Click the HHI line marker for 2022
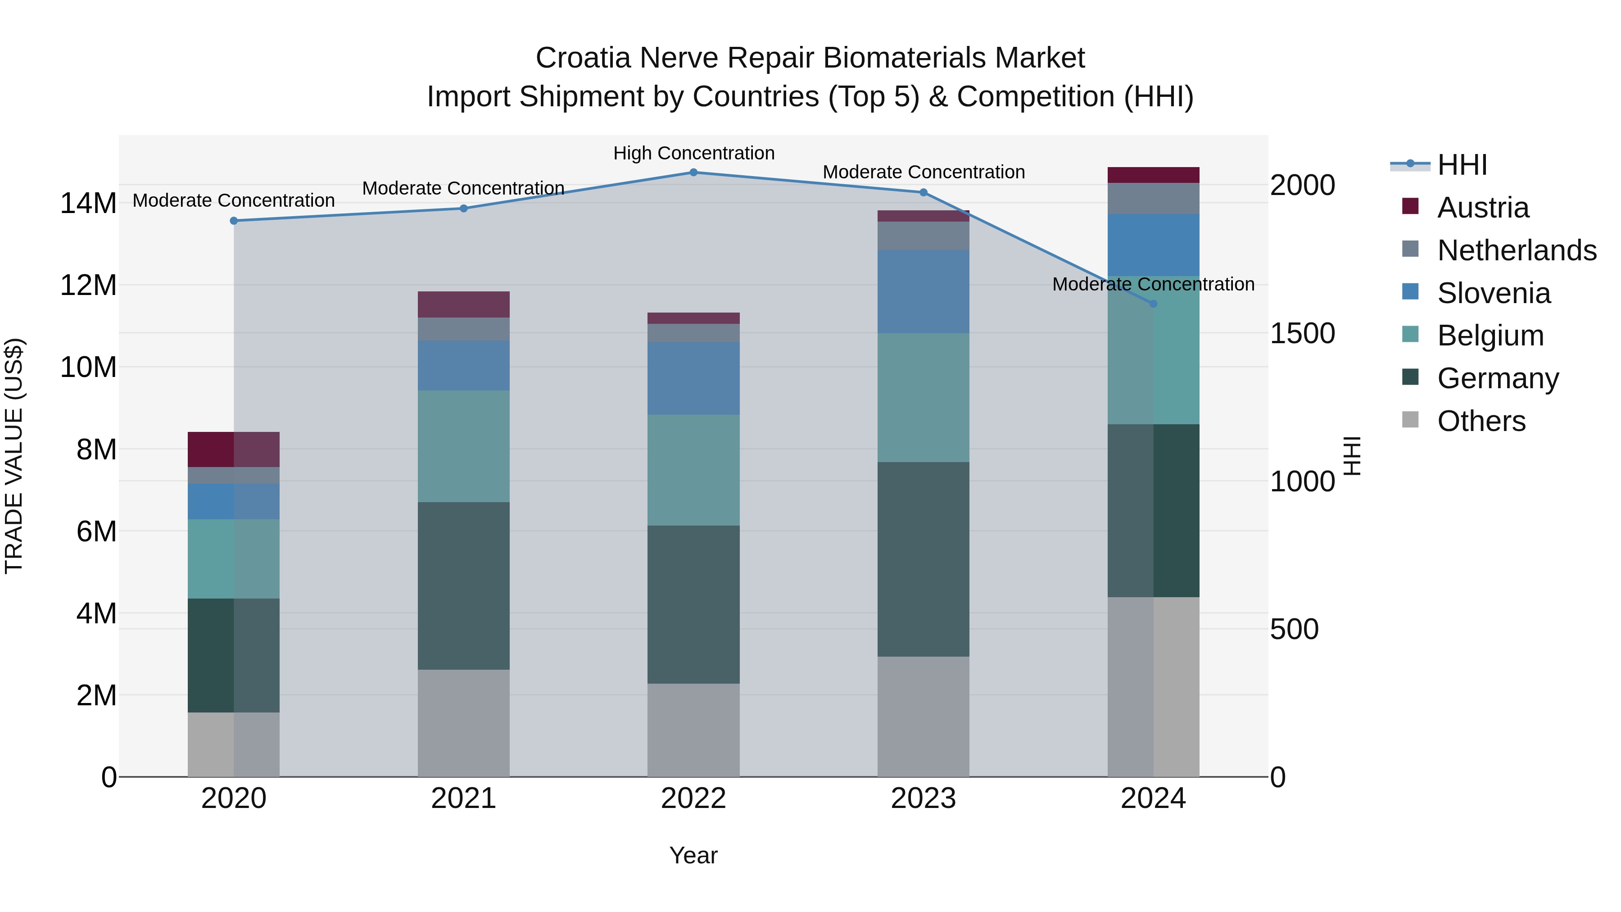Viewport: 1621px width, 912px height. coord(693,172)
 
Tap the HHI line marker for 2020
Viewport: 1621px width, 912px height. coord(234,221)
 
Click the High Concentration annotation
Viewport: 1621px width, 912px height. coord(693,154)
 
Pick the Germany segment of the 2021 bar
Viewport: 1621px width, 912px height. coord(464,585)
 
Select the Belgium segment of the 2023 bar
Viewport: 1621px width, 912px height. coord(923,398)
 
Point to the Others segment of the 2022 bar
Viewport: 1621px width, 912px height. coord(693,730)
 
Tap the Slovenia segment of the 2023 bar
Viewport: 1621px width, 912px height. coord(923,291)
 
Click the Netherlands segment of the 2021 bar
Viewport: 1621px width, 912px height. coord(464,329)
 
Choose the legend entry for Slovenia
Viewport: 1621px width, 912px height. coord(1493,293)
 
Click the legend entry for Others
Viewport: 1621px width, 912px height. coord(1481,421)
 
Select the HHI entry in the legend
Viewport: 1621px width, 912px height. coord(1462,165)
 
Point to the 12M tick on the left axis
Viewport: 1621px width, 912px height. coord(88,285)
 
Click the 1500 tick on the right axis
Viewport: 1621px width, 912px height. coord(1302,334)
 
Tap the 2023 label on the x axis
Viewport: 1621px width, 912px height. coord(923,799)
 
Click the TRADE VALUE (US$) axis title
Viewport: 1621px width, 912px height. coord(14,456)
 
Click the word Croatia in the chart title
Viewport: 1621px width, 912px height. coord(583,58)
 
